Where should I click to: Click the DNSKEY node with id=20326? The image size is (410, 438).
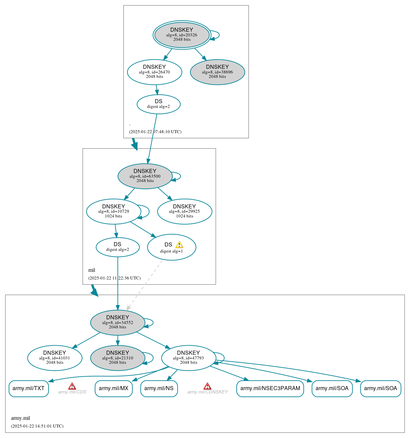click(182, 35)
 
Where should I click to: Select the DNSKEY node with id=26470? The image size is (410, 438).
click(154, 72)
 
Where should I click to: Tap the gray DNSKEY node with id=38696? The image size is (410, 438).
click(217, 72)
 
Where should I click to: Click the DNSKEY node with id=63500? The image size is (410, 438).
click(145, 176)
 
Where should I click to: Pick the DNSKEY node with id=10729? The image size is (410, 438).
click(114, 211)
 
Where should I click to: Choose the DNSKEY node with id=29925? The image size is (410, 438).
click(184, 211)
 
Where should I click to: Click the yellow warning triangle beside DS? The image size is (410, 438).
click(179, 245)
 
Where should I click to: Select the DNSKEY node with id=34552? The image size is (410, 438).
click(117, 322)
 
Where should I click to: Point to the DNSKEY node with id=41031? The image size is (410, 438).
click(55, 358)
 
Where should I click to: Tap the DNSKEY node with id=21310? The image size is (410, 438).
click(117, 358)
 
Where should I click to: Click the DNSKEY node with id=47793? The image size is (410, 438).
click(188, 358)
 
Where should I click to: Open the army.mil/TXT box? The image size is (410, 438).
click(29, 388)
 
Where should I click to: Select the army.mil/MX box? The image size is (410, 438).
click(114, 388)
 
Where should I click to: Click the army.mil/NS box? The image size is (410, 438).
click(159, 388)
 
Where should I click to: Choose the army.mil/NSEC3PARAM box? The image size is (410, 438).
click(270, 388)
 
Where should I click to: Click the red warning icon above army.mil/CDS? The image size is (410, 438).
click(72, 386)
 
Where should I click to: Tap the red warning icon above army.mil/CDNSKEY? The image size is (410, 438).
click(207, 386)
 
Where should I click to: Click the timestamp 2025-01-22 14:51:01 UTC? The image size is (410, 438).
click(37, 426)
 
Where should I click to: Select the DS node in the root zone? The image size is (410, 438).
click(158, 104)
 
